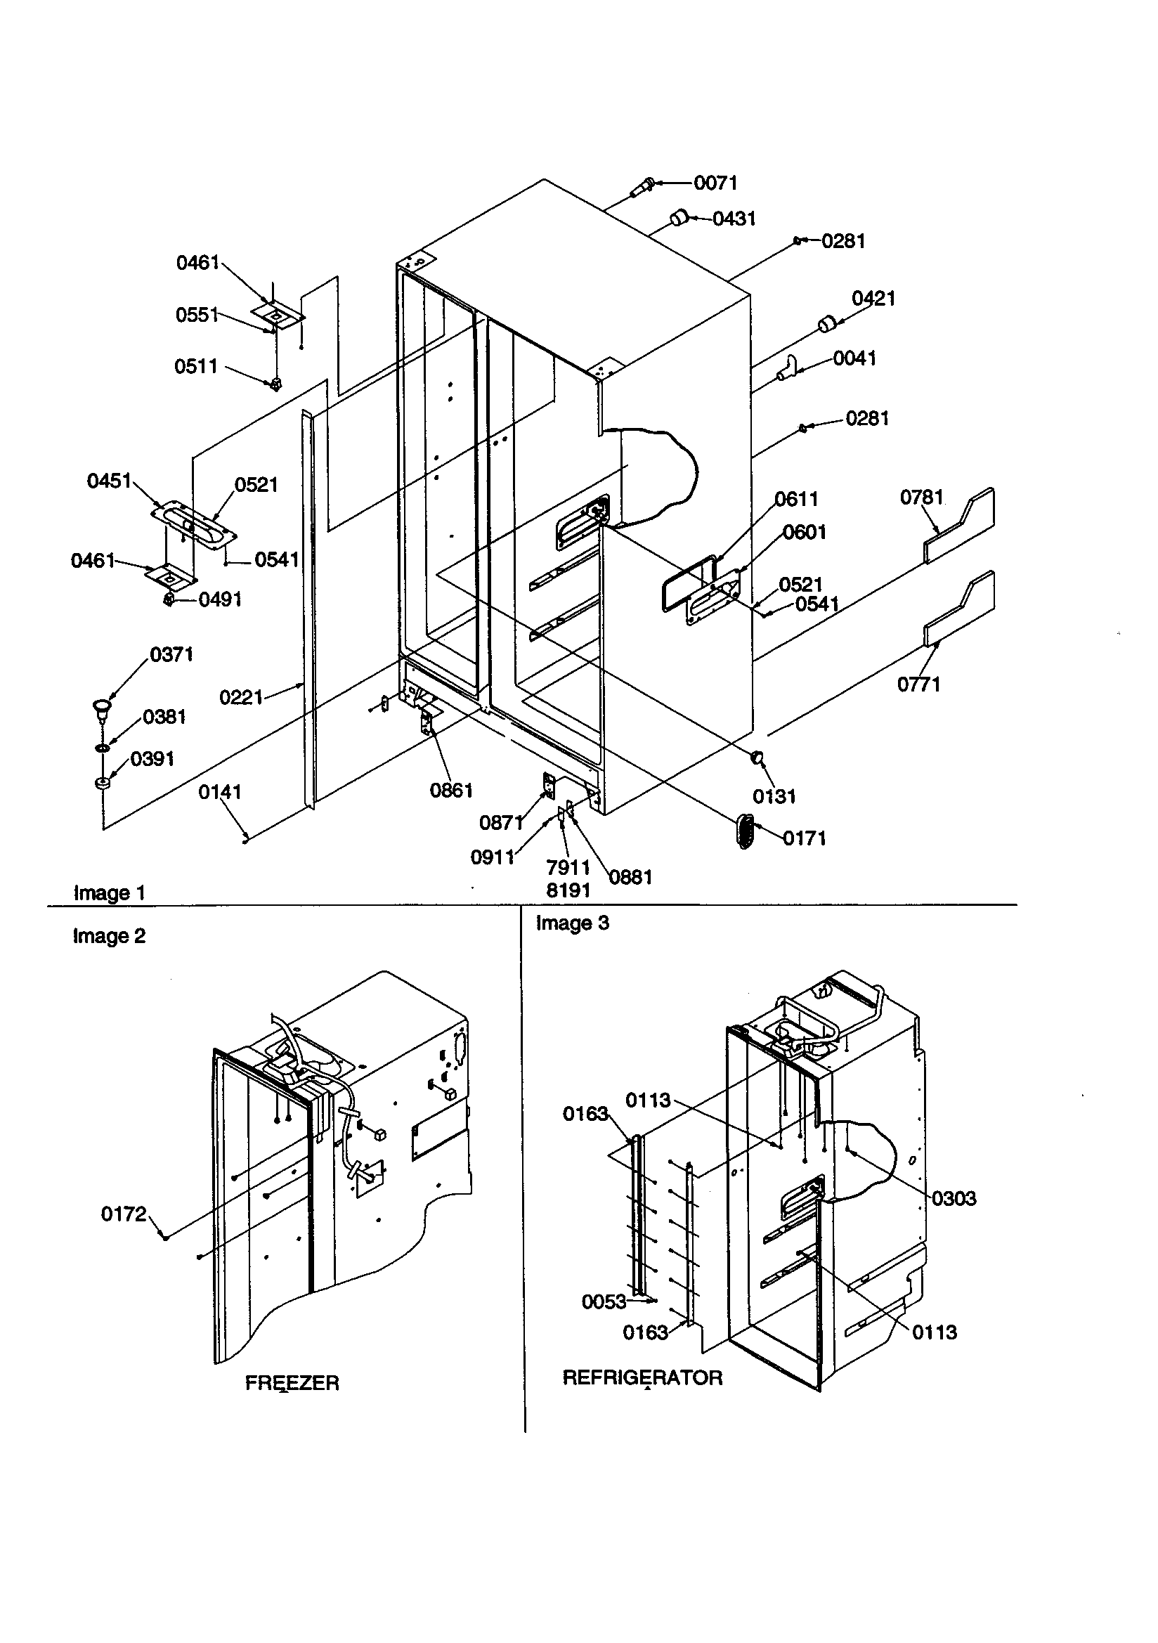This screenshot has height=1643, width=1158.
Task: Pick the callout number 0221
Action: point(240,697)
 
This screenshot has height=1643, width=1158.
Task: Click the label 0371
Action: point(171,654)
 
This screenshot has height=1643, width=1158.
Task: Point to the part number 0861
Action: point(451,790)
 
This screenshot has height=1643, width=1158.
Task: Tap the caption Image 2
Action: point(109,936)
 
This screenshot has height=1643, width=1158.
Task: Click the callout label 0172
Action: point(123,1214)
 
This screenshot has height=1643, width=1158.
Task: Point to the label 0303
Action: point(954,1198)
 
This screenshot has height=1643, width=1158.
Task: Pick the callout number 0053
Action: point(604,1301)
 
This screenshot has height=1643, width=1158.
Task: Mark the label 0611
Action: point(796,499)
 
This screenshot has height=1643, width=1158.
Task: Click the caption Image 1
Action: point(109,893)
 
